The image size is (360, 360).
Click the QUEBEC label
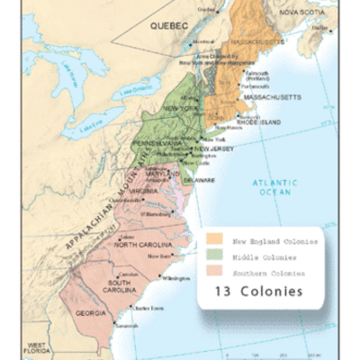click(166, 28)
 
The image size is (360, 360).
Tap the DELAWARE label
click(200, 180)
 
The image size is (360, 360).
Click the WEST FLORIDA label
click(37, 349)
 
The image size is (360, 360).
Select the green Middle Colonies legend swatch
click(215, 256)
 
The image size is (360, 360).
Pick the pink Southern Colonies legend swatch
click(215, 272)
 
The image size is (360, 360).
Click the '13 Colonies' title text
click(257, 292)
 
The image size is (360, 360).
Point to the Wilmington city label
click(178, 278)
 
